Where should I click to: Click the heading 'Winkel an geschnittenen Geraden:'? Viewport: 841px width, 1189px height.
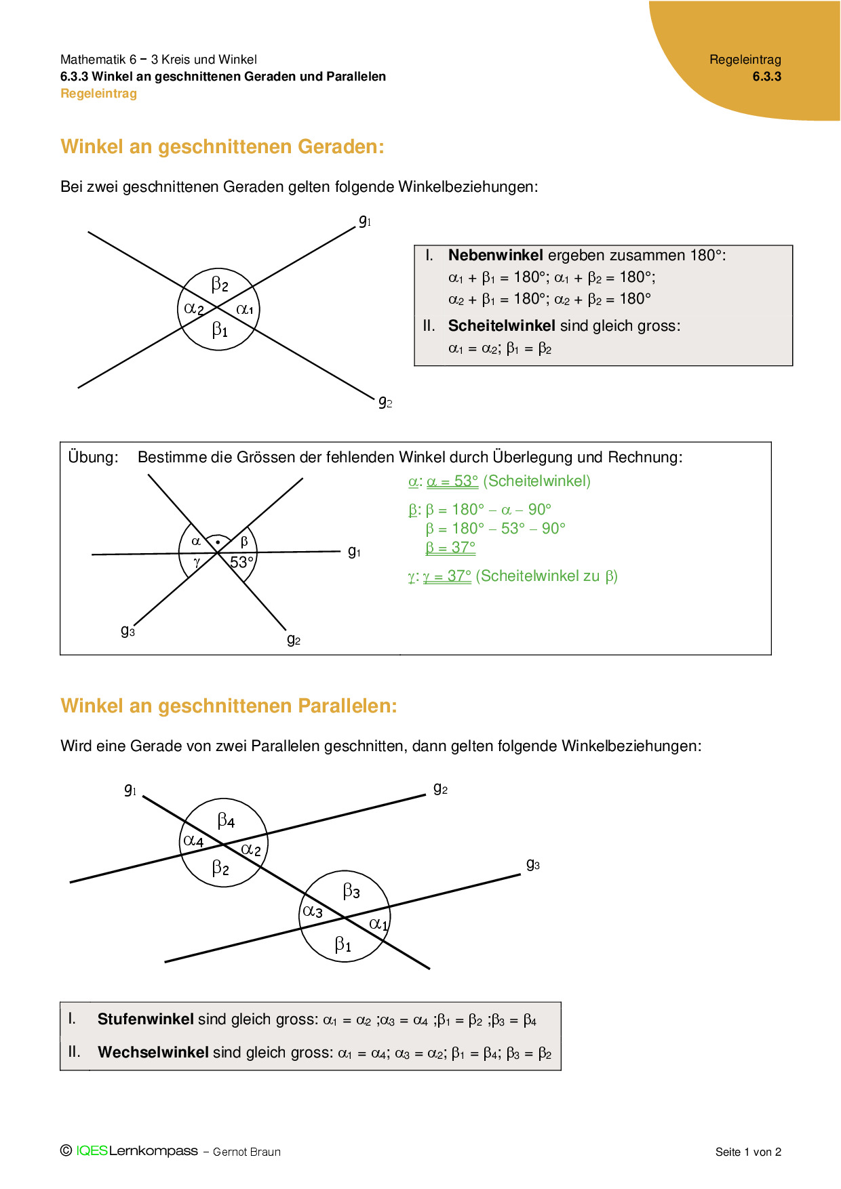[222, 147]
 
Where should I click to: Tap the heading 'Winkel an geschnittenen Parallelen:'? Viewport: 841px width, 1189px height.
[229, 706]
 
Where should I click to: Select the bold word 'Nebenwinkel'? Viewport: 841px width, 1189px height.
[495, 256]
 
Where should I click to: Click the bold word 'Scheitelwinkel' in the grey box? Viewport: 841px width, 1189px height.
[501, 326]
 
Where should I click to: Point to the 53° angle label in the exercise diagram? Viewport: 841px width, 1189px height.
[241, 563]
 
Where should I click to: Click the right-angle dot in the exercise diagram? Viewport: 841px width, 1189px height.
[217, 543]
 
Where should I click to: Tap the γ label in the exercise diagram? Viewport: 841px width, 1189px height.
[197, 562]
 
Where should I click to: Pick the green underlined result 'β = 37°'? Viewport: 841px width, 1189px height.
[450, 548]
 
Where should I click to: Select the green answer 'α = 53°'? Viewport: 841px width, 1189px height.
[452, 481]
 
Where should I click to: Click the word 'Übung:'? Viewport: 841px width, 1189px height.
[93, 458]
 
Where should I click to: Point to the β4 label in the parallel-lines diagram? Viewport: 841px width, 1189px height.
[226, 821]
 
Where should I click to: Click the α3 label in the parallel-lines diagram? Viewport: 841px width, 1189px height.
[313, 912]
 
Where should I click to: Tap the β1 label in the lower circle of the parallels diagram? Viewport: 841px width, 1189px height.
[343, 945]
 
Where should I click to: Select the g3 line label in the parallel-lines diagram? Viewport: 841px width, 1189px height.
[533, 864]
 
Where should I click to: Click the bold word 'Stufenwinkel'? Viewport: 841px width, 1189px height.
[146, 1020]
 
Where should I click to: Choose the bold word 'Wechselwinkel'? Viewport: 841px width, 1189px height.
[153, 1053]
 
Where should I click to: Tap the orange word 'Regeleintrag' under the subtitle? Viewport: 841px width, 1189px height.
[98, 94]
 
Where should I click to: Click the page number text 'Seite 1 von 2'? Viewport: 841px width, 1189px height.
[748, 1152]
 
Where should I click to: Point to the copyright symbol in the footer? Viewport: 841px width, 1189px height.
[66, 1150]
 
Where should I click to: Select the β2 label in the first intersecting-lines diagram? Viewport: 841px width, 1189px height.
[220, 284]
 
